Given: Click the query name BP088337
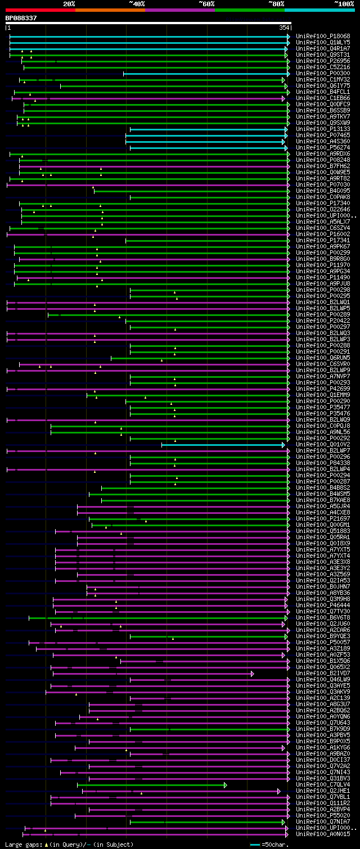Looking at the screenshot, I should (x=21, y=18).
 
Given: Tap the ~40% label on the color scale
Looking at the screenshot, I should (x=137, y=3).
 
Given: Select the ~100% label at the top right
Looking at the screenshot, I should (x=344, y=3).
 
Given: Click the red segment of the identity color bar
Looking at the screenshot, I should (x=40, y=10).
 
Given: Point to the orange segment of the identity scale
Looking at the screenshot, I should (x=110, y=10).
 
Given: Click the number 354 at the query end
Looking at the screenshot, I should (x=284, y=28).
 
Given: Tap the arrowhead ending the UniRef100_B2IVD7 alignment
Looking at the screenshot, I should (x=253, y=673).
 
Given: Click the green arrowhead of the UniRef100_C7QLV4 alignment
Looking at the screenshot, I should (x=225, y=784).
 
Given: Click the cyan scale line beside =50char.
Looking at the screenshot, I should (x=255, y=845).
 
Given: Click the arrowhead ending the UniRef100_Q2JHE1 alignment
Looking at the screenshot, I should (x=278, y=791).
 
